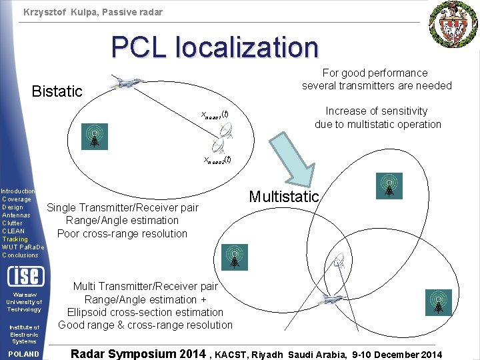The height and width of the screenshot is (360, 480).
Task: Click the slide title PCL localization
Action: [x=215, y=47]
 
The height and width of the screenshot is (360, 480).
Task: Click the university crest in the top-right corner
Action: [x=453, y=23]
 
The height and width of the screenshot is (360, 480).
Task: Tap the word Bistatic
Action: [x=57, y=91]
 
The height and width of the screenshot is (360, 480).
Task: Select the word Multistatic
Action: [x=284, y=197]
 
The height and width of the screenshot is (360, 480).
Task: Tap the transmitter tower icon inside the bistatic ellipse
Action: [x=95, y=136]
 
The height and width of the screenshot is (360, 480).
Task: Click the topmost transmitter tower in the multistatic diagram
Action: [x=388, y=187]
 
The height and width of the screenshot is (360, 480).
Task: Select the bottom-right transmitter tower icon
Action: [x=439, y=302]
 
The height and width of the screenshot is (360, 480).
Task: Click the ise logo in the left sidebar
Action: [x=24, y=276]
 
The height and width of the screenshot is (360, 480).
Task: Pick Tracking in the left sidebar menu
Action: [x=15, y=239]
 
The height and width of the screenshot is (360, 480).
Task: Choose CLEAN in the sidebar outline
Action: [x=13, y=231]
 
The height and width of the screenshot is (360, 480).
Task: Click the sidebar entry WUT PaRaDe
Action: [x=23, y=247]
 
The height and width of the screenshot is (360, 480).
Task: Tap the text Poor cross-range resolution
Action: [x=122, y=233]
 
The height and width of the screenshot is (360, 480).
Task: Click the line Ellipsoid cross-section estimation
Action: [x=145, y=312]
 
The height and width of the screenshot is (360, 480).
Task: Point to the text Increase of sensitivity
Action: [x=377, y=111]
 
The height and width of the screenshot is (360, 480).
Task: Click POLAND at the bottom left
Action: [x=23, y=353]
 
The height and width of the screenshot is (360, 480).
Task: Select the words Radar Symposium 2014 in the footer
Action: [x=138, y=353]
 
